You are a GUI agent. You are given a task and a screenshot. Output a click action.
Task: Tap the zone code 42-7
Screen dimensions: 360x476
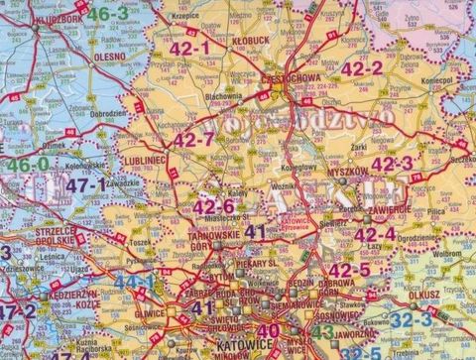click(x=194, y=140)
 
